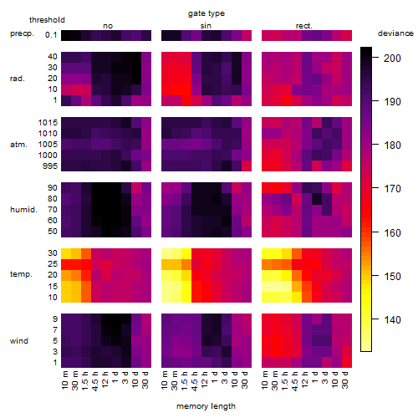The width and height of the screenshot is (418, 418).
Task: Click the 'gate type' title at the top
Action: click(206, 13)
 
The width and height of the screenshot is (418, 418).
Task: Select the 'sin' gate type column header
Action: click(206, 26)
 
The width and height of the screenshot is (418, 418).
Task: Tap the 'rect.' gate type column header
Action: click(304, 26)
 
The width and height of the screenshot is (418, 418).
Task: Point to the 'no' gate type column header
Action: click(108, 26)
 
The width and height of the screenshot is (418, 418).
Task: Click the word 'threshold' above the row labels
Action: click(47, 20)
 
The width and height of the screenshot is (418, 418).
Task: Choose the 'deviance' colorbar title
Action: click(395, 33)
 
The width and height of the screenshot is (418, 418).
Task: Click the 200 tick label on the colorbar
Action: click(392, 59)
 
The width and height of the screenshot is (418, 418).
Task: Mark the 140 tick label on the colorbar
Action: click(392, 320)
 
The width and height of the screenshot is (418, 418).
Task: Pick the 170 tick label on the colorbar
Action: click(392, 189)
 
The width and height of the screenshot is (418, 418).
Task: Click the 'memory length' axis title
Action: click(206, 406)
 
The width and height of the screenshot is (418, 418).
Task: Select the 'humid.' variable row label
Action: click(23, 210)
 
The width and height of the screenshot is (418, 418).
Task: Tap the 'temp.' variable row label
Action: click(21, 274)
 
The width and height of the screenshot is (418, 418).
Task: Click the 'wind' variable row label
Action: click(19, 341)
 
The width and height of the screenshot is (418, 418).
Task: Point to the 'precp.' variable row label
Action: click(22, 33)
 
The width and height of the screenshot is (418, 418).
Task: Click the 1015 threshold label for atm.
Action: click(48, 123)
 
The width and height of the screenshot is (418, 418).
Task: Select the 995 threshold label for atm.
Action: click(50, 166)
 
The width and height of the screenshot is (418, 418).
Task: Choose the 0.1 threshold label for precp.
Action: click(51, 35)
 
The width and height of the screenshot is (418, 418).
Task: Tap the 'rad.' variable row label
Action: click(18, 79)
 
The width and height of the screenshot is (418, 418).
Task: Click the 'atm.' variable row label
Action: click(18, 145)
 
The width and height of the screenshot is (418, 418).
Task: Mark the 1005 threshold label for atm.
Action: click(48, 145)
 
